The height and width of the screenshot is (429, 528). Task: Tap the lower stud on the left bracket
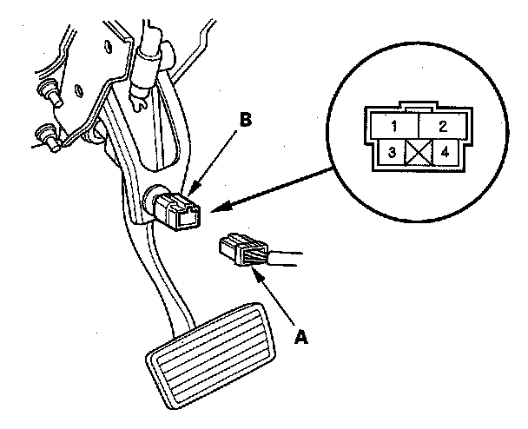[x=43, y=135]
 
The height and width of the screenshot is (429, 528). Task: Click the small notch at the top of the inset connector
[x=419, y=110]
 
